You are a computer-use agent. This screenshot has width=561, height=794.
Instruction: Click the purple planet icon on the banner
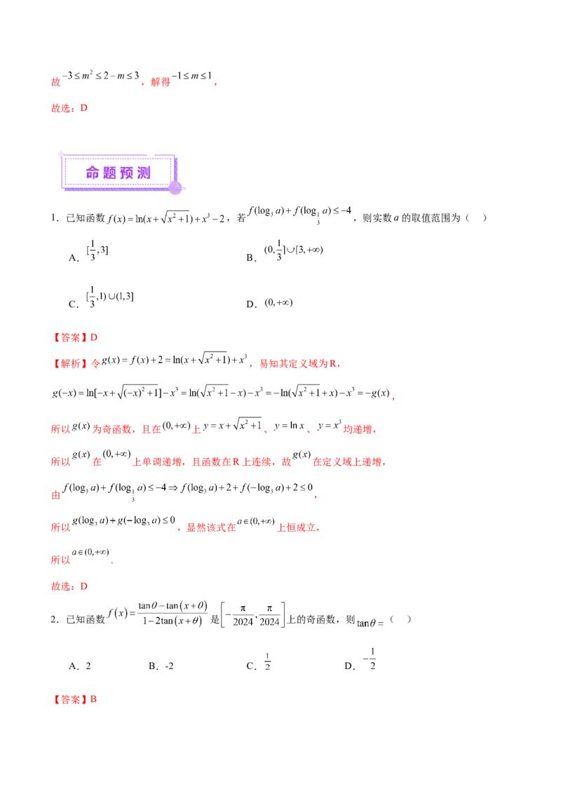[x=175, y=186]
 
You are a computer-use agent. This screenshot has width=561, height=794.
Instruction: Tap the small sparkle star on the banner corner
[x=61, y=154]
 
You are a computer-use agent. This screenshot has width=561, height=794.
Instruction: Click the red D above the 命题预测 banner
[x=84, y=109]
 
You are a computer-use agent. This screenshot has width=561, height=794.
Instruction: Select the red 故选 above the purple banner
[x=61, y=109]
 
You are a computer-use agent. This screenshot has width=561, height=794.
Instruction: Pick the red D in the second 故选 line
[x=84, y=586]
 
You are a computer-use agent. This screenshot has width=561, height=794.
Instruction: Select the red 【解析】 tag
[x=70, y=364]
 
